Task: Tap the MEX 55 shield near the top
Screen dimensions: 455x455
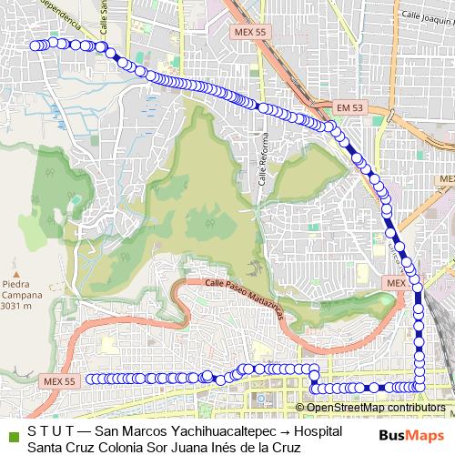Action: pyautogui.click(x=249, y=32)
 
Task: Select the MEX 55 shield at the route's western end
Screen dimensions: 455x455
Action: pyautogui.click(x=68, y=379)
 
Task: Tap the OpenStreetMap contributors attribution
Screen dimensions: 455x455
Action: pyautogui.click(x=373, y=408)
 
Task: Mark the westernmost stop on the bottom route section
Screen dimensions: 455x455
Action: pyautogui.click(x=91, y=379)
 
